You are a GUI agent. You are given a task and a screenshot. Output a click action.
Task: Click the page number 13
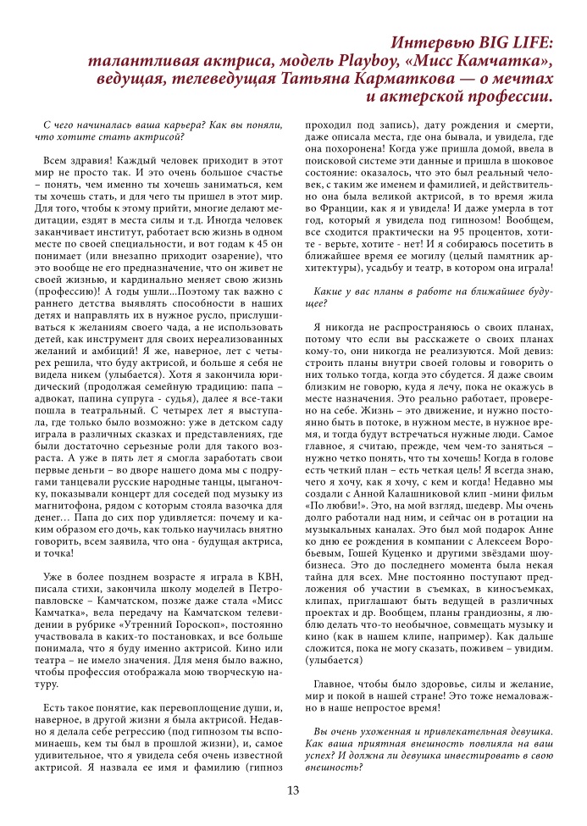tap(293, 790)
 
